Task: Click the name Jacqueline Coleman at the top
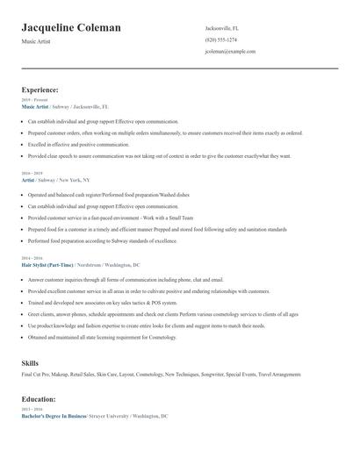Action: pyautogui.click(x=71, y=28)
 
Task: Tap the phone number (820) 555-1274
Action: pyautogui.click(x=220, y=40)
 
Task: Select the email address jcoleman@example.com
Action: pyautogui.click(x=230, y=52)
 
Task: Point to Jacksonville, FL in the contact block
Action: pyautogui.click(x=222, y=28)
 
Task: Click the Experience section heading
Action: pyautogui.click(x=40, y=89)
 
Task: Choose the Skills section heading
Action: pyautogui.click(x=30, y=362)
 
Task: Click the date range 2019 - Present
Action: pyautogui.click(x=34, y=100)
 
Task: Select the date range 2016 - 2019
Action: pyautogui.click(x=32, y=174)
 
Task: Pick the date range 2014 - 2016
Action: pyautogui.click(x=32, y=259)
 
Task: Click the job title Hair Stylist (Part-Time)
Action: pyautogui.click(x=48, y=264)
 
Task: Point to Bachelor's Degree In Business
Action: pyautogui.click(x=54, y=416)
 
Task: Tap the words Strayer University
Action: pyautogui.click(x=110, y=416)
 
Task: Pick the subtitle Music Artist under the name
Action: pyautogui.click(x=36, y=41)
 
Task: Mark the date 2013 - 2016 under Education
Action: pyautogui.click(x=32, y=410)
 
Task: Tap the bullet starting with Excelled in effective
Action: pyautogui.click(x=78, y=144)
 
